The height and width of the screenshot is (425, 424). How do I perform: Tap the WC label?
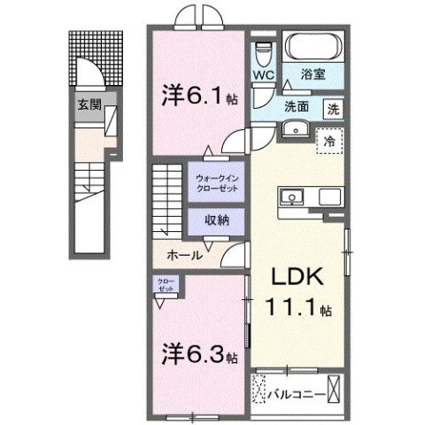(263, 77)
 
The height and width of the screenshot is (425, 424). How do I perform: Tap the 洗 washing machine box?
(332, 111)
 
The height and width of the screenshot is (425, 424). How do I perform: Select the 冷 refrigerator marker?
(328, 141)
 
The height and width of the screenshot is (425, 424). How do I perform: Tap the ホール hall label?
(186, 256)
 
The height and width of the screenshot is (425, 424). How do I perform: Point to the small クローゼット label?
(166, 285)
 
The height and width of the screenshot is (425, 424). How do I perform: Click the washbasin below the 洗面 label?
(293, 130)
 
